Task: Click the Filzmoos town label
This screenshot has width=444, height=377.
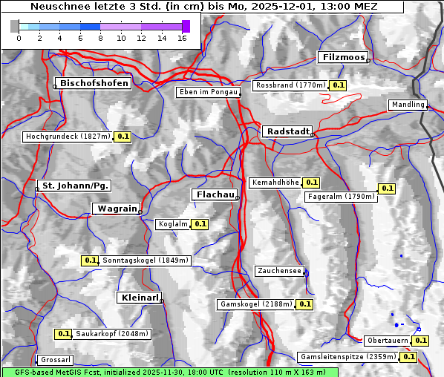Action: tap(343, 57)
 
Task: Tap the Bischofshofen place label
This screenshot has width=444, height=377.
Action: tap(94, 83)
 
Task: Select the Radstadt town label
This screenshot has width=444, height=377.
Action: tap(286, 131)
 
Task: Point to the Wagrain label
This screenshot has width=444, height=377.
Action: tap(115, 209)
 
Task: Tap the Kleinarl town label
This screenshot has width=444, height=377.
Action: tap(139, 298)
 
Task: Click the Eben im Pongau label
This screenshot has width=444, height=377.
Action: tap(207, 92)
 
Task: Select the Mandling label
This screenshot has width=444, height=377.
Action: tap(408, 105)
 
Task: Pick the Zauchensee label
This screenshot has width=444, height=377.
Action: tap(279, 271)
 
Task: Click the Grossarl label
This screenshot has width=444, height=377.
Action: tap(56, 360)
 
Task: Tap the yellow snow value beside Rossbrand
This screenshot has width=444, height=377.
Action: tap(339, 85)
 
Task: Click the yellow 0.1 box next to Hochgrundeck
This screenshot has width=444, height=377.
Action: tap(123, 137)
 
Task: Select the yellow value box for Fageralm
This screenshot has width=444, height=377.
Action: tap(387, 188)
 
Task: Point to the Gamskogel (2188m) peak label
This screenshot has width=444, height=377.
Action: tap(256, 304)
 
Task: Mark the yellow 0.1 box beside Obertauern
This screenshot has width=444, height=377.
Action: tap(421, 341)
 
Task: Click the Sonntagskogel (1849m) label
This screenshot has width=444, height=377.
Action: tap(146, 260)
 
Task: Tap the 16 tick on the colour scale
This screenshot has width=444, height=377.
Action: tap(182, 38)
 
